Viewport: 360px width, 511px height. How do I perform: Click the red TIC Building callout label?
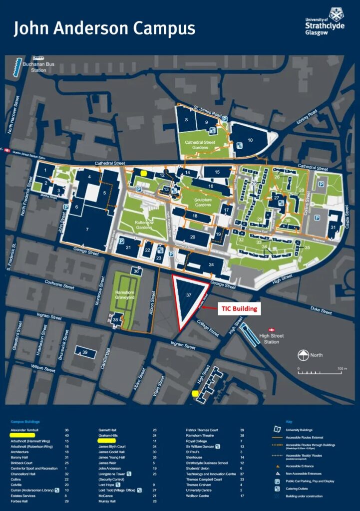pos(240,309)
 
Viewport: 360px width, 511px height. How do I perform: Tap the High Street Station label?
pos(272,339)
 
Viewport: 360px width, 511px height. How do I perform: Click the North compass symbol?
pos(302,356)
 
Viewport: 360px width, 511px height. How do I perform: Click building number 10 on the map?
pos(250,139)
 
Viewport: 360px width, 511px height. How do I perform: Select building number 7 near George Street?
pos(87,229)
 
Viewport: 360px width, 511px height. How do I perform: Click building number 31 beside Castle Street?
pos(333,228)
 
